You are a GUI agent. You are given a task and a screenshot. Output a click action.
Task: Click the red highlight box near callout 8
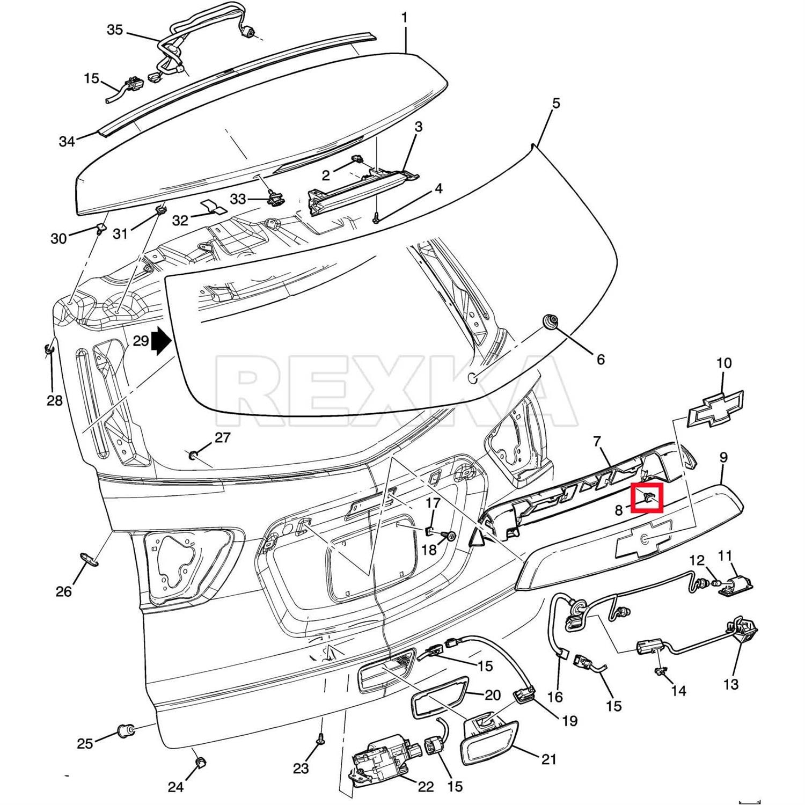tap(647, 497)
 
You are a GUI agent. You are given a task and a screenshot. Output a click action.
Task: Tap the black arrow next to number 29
tap(160, 342)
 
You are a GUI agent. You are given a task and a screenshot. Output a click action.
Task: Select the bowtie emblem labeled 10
tap(716, 407)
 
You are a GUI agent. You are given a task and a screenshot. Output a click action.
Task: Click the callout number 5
tap(556, 103)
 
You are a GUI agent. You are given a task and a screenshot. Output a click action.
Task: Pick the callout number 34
tap(67, 142)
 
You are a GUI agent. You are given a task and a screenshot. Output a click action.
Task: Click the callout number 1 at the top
tap(404, 18)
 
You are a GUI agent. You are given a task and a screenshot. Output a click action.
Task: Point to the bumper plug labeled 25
tap(126, 730)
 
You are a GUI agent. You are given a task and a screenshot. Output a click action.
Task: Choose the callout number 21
tap(548, 759)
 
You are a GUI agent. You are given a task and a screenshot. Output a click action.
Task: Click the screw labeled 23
tap(320, 740)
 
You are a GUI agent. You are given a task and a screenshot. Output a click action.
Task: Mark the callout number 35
tap(115, 30)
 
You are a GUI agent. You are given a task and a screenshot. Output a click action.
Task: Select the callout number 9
tap(723, 457)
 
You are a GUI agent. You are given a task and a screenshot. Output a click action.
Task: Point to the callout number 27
tap(222, 438)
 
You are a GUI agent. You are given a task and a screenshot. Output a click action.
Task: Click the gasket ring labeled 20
tap(439, 698)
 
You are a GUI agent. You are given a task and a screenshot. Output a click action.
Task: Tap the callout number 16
tap(555, 697)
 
